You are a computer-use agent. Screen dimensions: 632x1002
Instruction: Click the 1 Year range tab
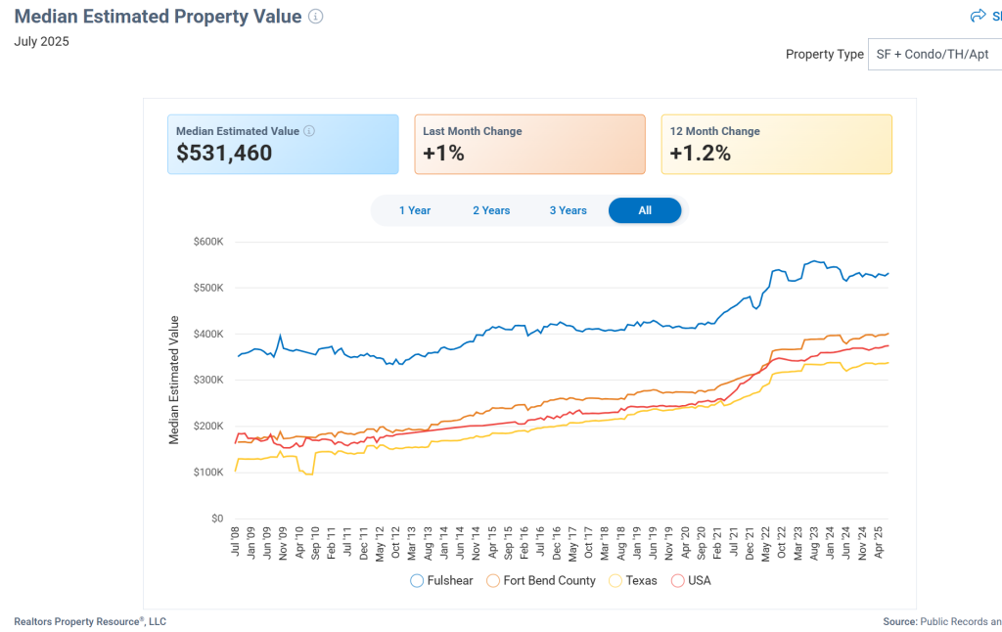pos(415,210)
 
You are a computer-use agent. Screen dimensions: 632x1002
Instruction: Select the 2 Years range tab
pos(491,210)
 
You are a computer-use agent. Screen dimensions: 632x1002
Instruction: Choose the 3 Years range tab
pos(568,210)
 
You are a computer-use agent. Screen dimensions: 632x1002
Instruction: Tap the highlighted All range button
pos(645,210)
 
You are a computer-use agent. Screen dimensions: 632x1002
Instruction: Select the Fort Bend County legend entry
pos(540,580)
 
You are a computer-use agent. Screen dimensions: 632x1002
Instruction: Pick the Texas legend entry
pos(632,580)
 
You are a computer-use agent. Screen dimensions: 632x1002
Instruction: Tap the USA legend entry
pos(691,580)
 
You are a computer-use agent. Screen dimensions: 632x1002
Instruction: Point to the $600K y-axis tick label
pos(208,242)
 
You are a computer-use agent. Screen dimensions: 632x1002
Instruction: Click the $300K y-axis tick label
pos(208,380)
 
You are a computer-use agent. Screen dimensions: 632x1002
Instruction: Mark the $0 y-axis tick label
pos(217,519)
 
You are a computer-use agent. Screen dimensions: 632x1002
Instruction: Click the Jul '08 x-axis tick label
pos(236,541)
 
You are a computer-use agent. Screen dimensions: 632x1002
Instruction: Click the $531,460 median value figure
pos(224,154)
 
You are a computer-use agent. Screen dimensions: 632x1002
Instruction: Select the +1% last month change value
pos(443,154)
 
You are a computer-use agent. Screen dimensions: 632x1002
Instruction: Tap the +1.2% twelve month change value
pos(700,154)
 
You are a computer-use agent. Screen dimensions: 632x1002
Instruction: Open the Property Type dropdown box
pos(934,55)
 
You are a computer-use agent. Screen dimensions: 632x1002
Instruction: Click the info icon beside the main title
pos(315,17)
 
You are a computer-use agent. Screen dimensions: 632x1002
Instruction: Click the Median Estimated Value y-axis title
pos(174,380)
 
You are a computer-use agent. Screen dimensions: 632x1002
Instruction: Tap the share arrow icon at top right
pos(977,16)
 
